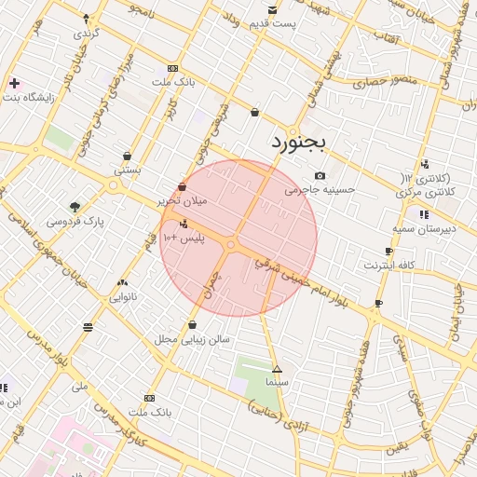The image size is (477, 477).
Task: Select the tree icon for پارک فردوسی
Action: [75, 207]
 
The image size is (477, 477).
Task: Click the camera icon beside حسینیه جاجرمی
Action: [320, 175]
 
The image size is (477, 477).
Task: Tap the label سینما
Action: [278, 383]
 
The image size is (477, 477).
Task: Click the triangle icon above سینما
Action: [277, 370]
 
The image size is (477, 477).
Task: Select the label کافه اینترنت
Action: [389, 266]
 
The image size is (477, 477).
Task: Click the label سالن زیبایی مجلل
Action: [192, 339]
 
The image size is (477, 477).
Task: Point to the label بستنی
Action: [127, 170]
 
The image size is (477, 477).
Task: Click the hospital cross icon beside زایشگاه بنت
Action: [14, 83]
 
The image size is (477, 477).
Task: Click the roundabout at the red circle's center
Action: [230, 245]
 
